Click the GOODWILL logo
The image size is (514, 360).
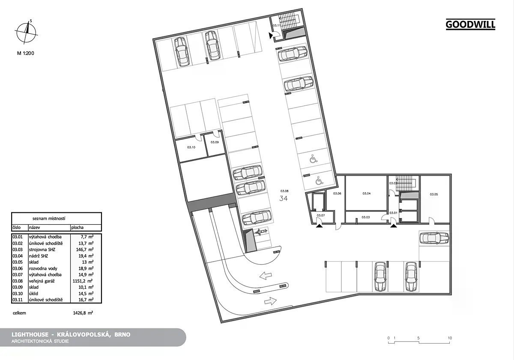point(470,24)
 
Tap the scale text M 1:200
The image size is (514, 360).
point(25,53)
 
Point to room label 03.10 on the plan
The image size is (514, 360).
point(191,147)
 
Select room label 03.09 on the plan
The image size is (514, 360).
point(215,142)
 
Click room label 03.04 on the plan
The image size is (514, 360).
point(367,193)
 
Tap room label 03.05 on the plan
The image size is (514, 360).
point(433,194)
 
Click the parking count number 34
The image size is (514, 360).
point(284,198)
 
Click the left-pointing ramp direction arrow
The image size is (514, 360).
point(266,275)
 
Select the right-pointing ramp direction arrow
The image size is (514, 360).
point(271,301)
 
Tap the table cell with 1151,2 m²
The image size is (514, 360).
point(83,281)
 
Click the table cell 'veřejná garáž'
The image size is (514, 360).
point(42,281)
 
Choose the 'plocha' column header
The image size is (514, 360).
point(77,228)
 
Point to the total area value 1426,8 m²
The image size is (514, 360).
point(83,313)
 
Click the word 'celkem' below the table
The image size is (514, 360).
point(19,313)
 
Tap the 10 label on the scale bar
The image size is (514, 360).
point(450,338)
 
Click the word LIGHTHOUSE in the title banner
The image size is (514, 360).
point(30,335)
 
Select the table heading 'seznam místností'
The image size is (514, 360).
point(49,218)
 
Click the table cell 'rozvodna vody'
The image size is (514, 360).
point(43,268)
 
